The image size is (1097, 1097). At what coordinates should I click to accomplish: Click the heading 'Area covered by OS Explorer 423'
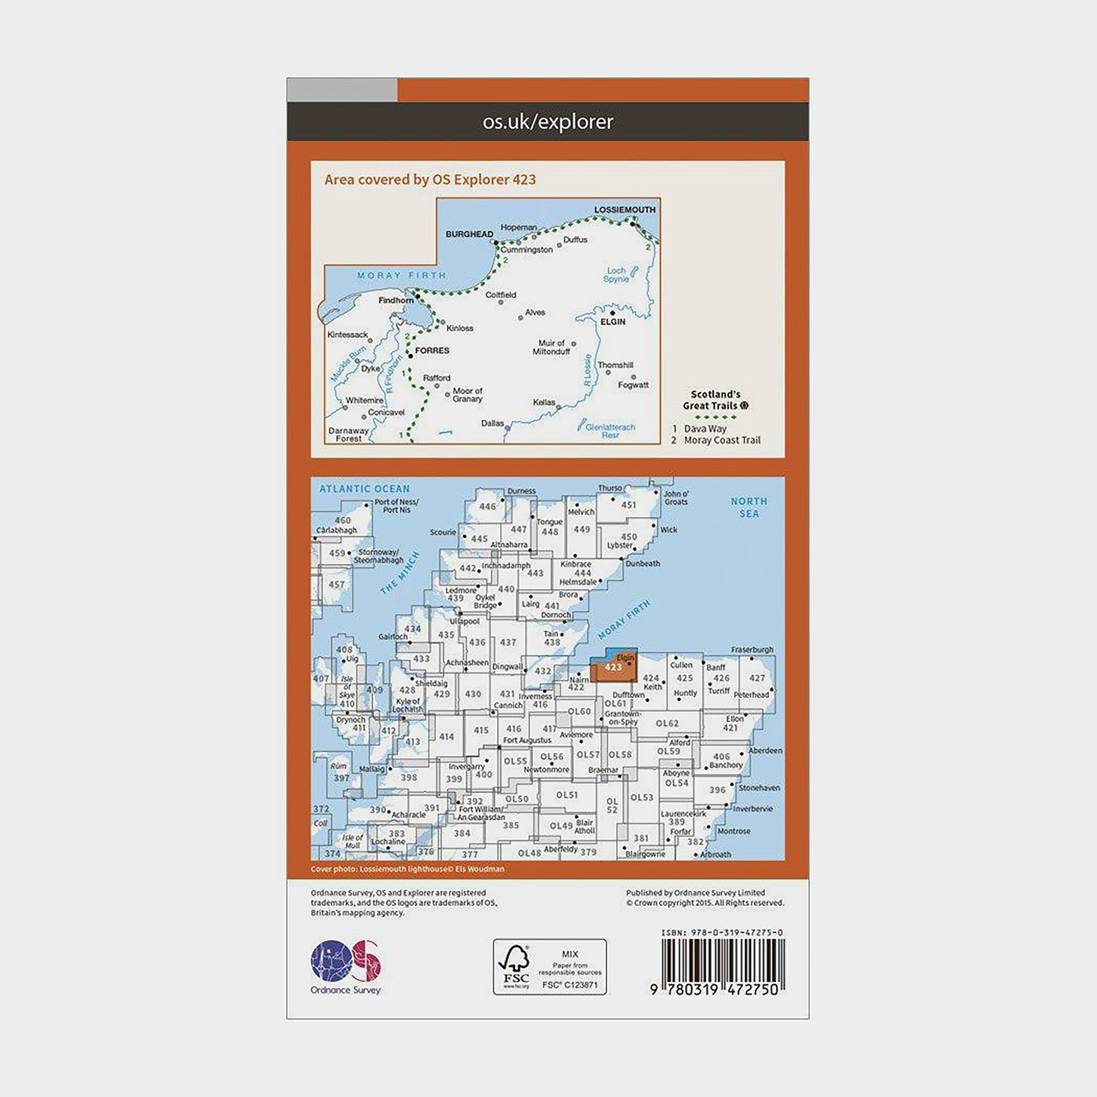[430, 180]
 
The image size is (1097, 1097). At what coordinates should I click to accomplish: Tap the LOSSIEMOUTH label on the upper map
[624, 210]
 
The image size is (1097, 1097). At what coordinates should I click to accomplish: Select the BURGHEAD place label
[469, 234]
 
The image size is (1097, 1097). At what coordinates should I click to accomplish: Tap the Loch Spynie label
[616, 275]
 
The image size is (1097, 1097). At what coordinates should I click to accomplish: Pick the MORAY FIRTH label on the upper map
[402, 275]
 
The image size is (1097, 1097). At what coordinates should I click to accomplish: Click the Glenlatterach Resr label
[610, 431]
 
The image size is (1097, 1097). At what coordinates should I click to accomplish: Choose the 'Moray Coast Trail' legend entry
[722, 440]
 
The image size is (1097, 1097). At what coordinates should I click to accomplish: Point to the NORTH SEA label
[749, 507]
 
